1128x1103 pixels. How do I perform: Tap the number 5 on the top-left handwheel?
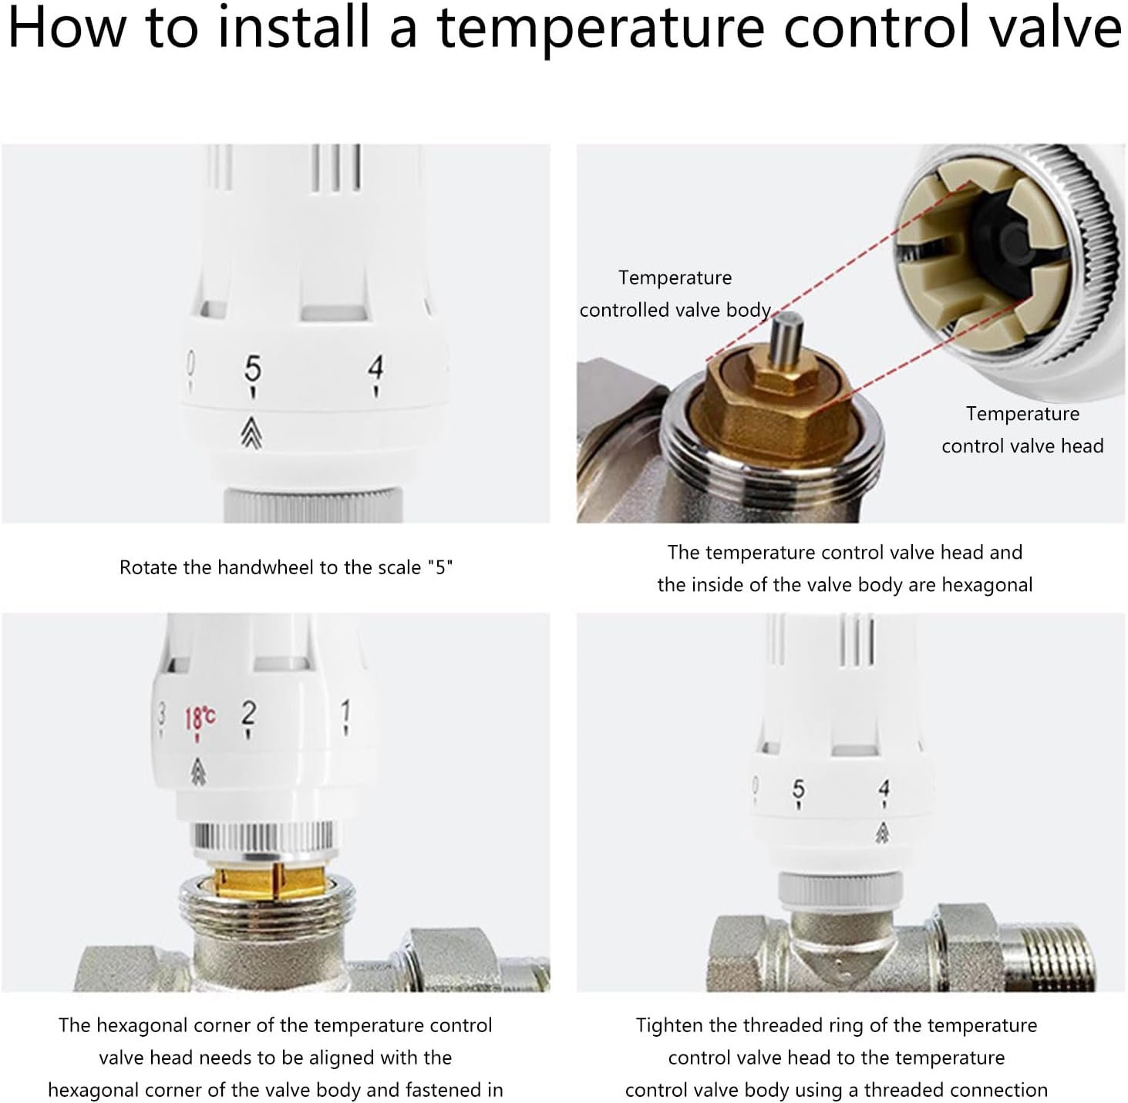pyautogui.click(x=253, y=368)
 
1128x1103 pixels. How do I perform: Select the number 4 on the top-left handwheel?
pyautogui.click(x=375, y=368)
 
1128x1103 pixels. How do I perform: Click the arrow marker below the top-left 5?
pyautogui.click(x=251, y=432)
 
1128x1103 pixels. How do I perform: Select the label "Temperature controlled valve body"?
pyautogui.click(x=675, y=294)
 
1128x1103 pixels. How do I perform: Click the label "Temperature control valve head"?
pyautogui.click(x=1022, y=430)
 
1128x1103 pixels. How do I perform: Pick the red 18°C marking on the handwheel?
pyautogui.click(x=200, y=718)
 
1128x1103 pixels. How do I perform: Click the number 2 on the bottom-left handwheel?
pyautogui.click(x=248, y=713)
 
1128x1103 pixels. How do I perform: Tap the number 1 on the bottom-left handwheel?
pyautogui.click(x=345, y=711)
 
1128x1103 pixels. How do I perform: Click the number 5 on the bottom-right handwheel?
pyautogui.click(x=798, y=789)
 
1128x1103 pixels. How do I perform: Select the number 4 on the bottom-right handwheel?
pyautogui.click(x=884, y=788)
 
